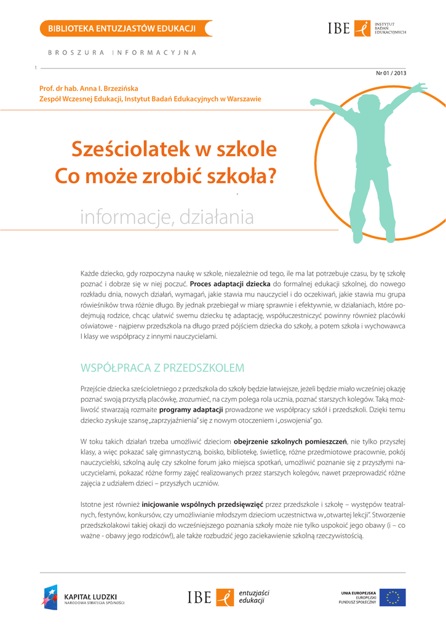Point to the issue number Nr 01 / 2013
[x=391, y=73]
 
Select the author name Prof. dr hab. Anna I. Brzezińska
[x=89, y=89]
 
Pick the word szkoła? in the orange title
[x=242, y=176]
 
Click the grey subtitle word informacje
[x=125, y=217]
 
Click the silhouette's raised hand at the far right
[x=421, y=88]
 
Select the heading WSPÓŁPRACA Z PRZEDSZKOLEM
[x=162, y=368]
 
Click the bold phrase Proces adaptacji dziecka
[x=230, y=284]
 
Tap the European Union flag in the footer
[x=392, y=597]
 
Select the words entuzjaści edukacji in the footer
[x=254, y=596]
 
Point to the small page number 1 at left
[x=36, y=68]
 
